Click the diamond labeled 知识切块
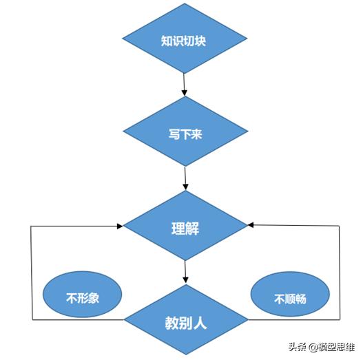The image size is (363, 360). [x=185, y=39]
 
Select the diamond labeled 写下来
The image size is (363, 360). [x=185, y=131]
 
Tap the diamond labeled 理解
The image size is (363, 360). [x=185, y=226]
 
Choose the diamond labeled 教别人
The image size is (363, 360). [x=186, y=320]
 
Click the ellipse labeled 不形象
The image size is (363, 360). [x=83, y=295]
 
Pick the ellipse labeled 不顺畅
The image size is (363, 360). [x=290, y=295]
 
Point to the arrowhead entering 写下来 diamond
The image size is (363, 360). [x=185, y=92]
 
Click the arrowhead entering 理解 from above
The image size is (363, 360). [x=185, y=187]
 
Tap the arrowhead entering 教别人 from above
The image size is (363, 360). [x=186, y=280]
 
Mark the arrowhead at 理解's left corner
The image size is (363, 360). [x=120, y=226]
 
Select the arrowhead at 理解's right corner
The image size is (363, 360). [x=251, y=224]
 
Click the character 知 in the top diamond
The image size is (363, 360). [x=167, y=41]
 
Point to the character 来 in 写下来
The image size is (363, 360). [x=196, y=134]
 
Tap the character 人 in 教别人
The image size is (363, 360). [x=200, y=323]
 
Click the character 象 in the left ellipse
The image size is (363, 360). [x=93, y=298]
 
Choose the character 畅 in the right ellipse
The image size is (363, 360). [x=301, y=299]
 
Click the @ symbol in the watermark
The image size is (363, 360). [x=313, y=348]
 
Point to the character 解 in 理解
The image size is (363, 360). [x=193, y=229]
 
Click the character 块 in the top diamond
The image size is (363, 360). [x=200, y=41]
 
